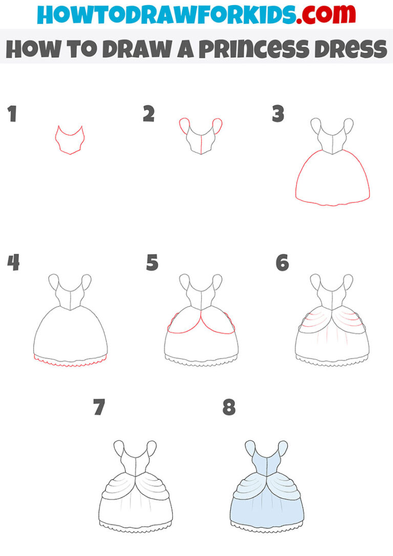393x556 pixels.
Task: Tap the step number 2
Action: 148,115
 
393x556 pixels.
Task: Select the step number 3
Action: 278,115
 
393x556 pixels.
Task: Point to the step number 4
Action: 13,263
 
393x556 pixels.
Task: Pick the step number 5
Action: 152,263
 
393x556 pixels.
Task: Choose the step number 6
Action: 282,263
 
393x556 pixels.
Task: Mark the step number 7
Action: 99,408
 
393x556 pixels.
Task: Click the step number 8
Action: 229,408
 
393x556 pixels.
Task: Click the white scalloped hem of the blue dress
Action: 267,525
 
